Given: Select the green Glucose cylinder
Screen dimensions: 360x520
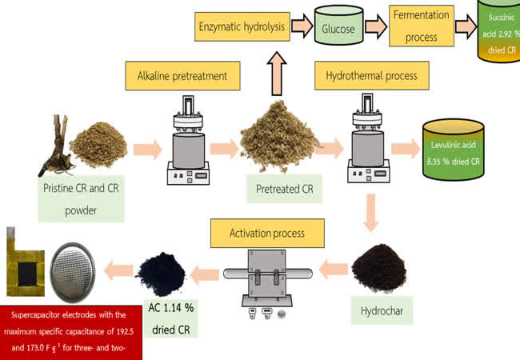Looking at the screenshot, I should [x=338, y=28].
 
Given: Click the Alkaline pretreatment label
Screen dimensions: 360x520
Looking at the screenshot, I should [x=182, y=77].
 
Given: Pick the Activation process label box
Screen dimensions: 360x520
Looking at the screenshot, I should [x=267, y=233].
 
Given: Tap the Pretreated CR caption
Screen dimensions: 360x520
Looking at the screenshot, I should [x=284, y=190].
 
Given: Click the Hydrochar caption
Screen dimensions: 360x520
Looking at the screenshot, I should [x=382, y=305].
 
